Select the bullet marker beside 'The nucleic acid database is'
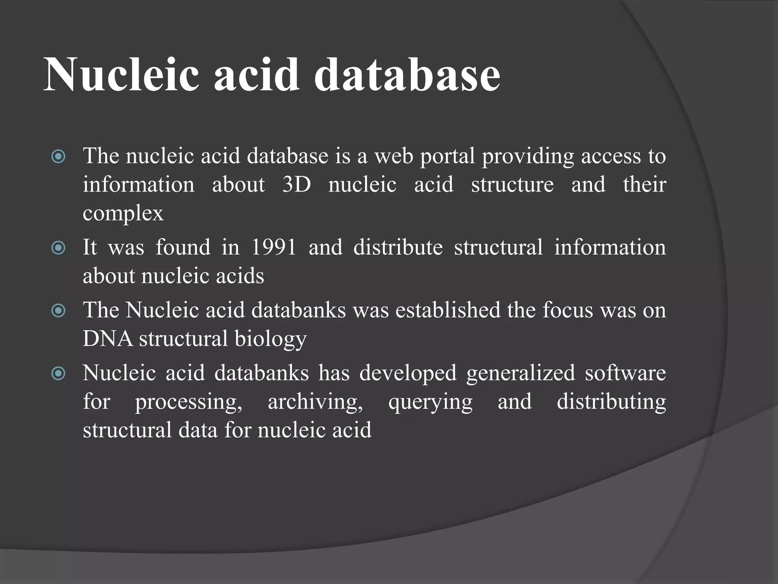[59, 156]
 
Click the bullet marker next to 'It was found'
[59, 248]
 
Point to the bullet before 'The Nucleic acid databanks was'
[59, 311]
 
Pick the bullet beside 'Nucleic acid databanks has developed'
[59, 373]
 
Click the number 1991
[274, 247]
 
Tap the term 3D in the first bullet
[296, 185]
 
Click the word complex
[123, 214]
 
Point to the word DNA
[108, 338]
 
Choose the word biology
[270, 339]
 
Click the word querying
[430, 402]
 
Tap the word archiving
[315, 402]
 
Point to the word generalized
[520, 373]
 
